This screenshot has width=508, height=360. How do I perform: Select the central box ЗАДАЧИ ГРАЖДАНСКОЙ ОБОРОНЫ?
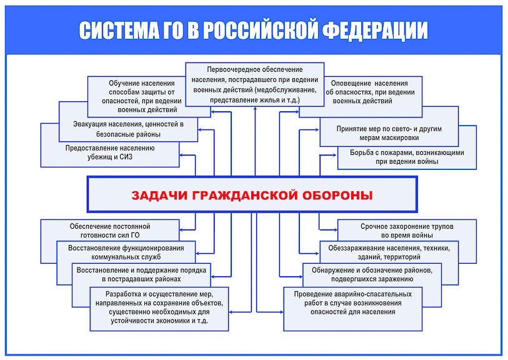251,194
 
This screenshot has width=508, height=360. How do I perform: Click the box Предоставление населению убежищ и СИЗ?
109,152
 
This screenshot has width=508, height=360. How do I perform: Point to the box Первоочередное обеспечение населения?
254,84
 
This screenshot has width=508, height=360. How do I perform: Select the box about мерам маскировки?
389,133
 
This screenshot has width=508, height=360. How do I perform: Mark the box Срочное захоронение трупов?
407,230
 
